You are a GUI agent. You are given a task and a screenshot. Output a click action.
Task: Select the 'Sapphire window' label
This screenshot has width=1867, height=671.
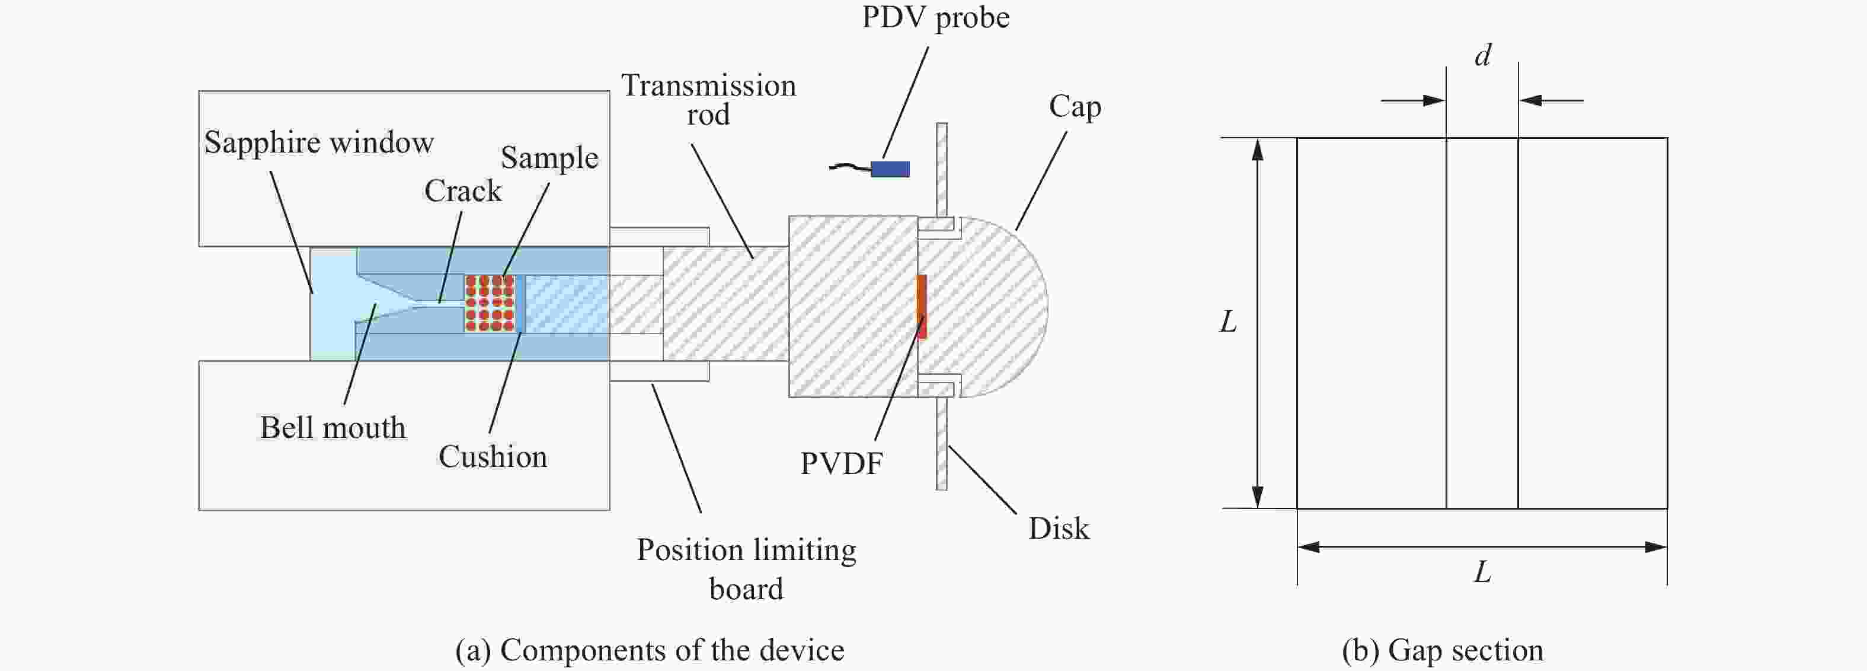(x=319, y=142)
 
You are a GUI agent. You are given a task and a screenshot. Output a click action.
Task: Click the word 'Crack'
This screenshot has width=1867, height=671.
(x=462, y=191)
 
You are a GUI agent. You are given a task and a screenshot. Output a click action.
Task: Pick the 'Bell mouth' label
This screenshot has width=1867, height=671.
(x=333, y=427)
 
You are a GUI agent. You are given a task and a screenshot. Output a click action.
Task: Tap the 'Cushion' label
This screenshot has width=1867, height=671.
(x=493, y=457)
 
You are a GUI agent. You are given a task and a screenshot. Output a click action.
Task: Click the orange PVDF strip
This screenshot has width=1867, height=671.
(x=922, y=305)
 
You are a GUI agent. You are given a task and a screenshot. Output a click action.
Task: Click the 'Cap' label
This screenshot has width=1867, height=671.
(x=1075, y=107)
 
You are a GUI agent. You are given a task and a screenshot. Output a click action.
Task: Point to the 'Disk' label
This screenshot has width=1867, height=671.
(x=1058, y=528)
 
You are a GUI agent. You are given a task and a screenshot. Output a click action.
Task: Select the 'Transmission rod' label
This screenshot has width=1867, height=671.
(x=708, y=100)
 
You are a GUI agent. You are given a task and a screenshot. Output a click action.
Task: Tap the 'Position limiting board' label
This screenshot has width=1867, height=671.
(x=746, y=569)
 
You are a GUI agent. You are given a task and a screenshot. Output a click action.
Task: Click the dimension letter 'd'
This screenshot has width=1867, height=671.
(x=1483, y=56)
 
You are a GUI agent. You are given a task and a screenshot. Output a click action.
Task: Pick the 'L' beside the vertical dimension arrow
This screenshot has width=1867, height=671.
(x=1227, y=322)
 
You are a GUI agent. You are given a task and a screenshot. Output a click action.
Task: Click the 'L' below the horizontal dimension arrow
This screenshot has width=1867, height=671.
(x=1482, y=573)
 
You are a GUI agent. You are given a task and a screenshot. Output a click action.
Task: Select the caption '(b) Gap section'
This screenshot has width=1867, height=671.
(x=1442, y=650)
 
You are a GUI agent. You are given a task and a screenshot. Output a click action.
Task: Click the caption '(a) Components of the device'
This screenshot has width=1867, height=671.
(x=650, y=650)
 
